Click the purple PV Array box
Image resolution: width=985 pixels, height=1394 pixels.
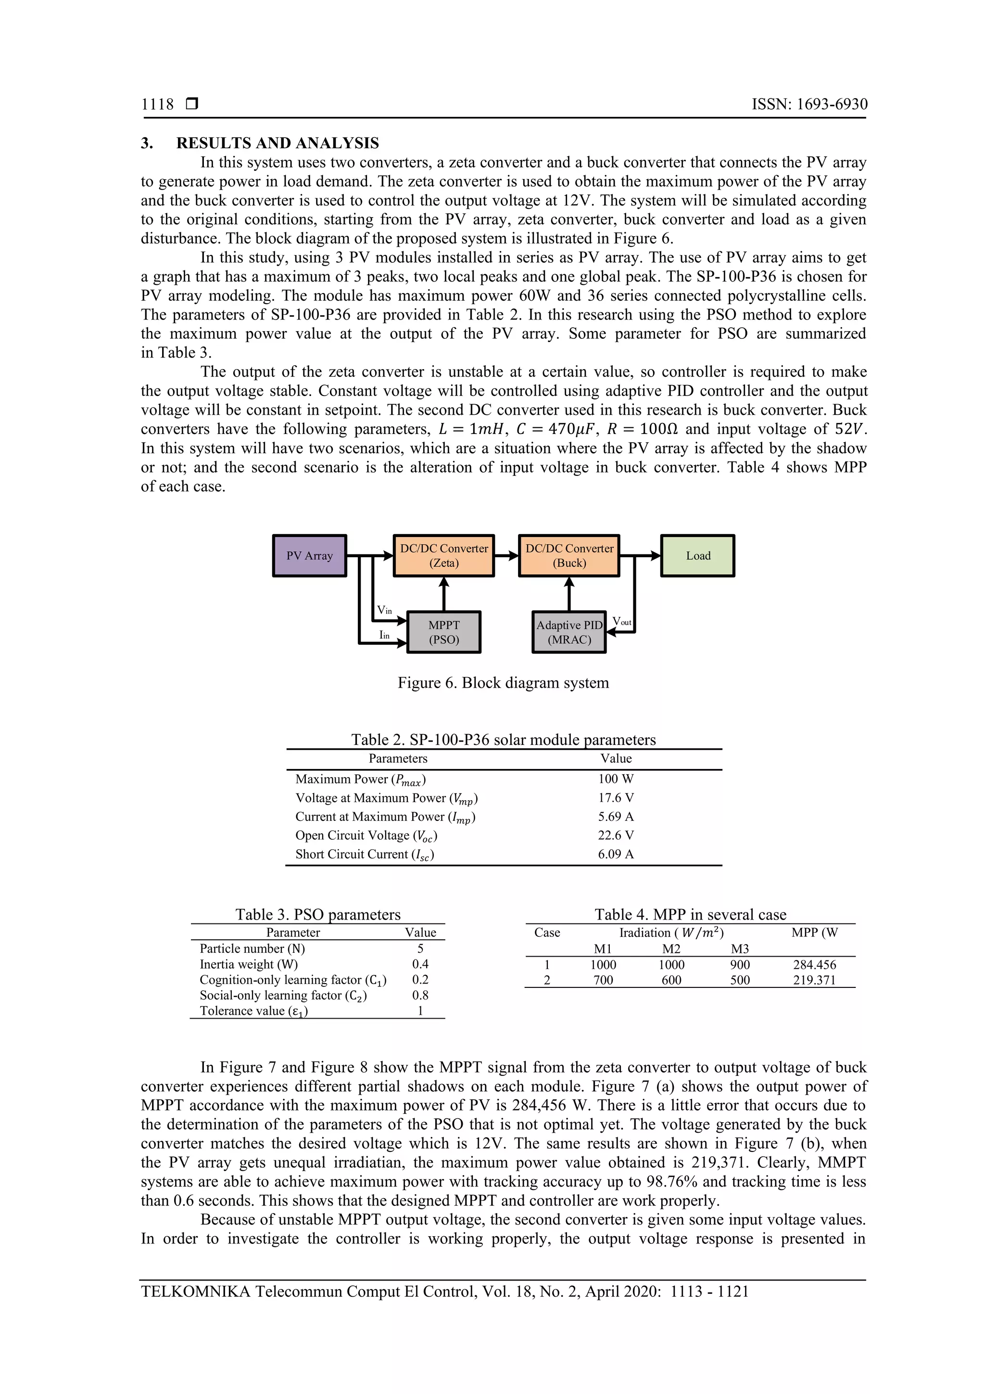[310, 556]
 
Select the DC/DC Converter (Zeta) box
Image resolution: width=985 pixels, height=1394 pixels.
[443, 556]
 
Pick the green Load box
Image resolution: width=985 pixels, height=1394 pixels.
[697, 556]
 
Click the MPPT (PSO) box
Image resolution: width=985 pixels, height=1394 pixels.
[443, 632]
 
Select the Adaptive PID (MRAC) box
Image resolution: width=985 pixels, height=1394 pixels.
[568, 632]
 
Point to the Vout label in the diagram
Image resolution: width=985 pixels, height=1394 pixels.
[621, 621]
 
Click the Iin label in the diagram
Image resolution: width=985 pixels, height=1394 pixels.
[384, 635]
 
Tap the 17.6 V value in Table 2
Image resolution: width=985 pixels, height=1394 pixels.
[616, 798]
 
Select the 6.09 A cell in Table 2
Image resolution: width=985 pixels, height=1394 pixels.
[616, 854]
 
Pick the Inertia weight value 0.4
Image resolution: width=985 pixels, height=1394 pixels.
[420, 964]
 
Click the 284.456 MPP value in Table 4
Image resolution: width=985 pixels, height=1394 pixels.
[814, 965]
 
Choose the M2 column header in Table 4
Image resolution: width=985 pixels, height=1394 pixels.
[671, 949]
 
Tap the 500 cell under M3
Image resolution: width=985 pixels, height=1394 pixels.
[740, 980]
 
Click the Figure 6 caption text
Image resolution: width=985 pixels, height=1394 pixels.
[503, 683]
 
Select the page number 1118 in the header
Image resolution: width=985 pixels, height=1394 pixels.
[157, 104]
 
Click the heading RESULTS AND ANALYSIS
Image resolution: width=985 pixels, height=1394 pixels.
[278, 143]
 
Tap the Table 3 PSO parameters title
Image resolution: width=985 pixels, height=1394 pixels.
[318, 914]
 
